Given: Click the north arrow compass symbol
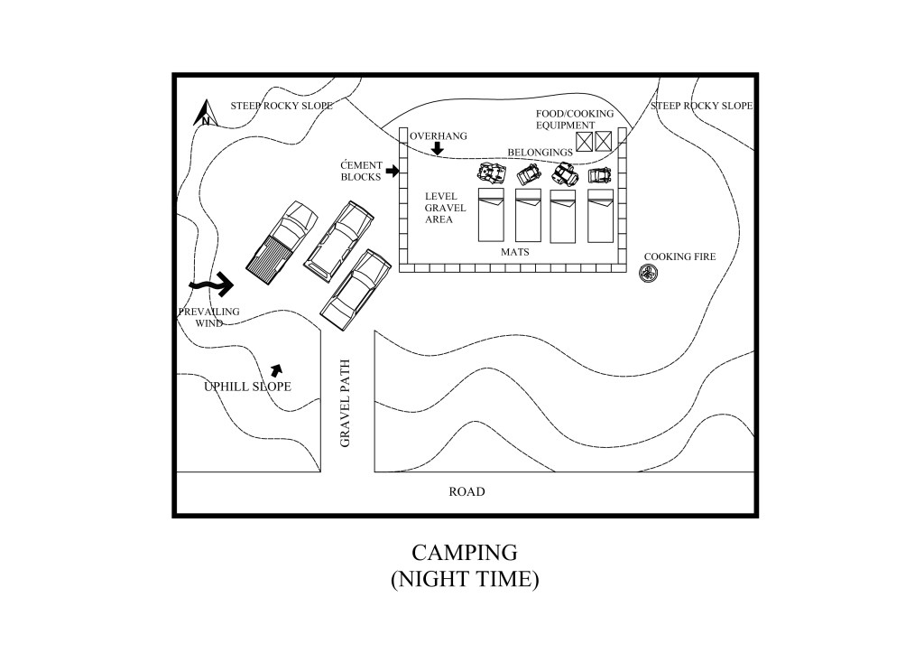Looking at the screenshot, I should (205, 115).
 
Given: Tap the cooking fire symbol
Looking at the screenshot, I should (649, 272).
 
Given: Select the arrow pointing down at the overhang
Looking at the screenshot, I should (438, 147).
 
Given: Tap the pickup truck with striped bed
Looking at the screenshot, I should (282, 241).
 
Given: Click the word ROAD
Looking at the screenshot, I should (467, 492).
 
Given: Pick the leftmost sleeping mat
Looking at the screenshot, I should (493, 215).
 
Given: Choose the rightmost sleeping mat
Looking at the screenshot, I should (600, 215).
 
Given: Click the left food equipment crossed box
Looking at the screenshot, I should (584, 140).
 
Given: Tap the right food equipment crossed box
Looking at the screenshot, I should (604, 140).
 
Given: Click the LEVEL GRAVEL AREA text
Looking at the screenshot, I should (446, 208).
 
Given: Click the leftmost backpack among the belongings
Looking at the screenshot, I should (489, 173).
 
